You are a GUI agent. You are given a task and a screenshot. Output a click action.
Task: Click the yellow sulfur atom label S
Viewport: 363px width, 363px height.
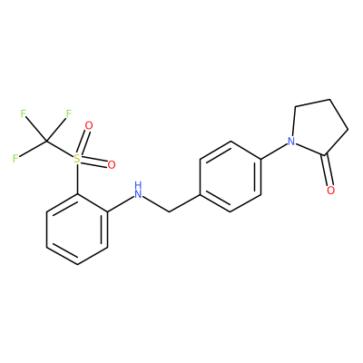[77, 158]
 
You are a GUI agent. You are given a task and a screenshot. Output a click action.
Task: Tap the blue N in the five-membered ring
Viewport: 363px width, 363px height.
[291, 141]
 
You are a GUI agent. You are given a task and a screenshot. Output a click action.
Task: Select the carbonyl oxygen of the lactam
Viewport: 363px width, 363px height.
[331, 191]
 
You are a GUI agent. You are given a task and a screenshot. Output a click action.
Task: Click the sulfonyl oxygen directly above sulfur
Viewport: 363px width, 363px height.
[89, 125]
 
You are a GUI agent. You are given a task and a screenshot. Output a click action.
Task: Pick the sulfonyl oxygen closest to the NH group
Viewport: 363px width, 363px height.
[112, 165]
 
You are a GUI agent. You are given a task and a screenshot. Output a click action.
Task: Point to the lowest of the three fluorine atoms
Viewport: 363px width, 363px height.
[15, 158]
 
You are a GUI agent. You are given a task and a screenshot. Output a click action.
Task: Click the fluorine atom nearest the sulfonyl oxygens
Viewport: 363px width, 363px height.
[69, 114]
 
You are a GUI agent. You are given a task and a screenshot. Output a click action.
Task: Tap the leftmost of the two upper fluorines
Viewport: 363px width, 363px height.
[24, 113]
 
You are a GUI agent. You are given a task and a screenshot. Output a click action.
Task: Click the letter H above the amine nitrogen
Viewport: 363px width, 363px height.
[138, 185]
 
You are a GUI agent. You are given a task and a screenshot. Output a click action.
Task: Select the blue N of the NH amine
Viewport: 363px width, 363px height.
[138, 194]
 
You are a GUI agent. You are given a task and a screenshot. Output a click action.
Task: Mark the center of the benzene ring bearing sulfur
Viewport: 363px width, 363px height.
[77, 230]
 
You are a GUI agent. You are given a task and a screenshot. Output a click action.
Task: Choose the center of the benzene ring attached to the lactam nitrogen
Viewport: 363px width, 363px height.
[231, 176]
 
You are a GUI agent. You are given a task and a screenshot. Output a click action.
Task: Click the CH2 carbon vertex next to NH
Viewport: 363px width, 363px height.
[169, 211]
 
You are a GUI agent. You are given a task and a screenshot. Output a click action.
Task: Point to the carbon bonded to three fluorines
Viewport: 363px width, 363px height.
[46, 141]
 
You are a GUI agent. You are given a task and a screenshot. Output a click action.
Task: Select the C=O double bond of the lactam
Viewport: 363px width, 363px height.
[328, 170]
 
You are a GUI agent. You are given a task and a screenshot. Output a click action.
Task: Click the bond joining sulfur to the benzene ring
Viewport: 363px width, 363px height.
[77, 179]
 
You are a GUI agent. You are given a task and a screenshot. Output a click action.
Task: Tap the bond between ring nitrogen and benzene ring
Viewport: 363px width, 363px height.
[274, 150]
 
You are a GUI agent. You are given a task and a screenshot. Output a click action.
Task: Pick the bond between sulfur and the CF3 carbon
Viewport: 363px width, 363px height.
[61, 149]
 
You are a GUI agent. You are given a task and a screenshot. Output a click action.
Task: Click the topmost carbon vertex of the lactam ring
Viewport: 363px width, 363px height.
[329, 99]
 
